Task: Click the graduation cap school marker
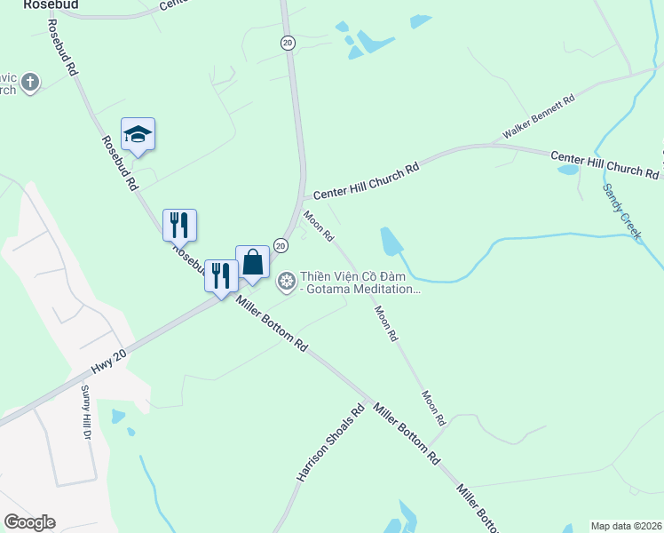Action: click(x=138, y=134)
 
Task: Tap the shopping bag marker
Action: click(x=252, y=262)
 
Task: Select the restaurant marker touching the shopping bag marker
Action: click(x=221, y=274)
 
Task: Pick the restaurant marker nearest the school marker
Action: click(x=179, y=225)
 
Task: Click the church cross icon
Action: click(x=30, y=83)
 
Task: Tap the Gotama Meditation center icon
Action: click(x=287, y=282)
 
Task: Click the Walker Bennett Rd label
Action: click(x=539, y=116)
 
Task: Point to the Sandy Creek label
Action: click(x=621, y=210)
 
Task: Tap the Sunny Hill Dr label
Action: click(x=87, y=413)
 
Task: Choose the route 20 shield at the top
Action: click(x=287, y=42)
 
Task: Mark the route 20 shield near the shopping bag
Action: click(x=281, y=244)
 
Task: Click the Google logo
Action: click(x=29, y=522)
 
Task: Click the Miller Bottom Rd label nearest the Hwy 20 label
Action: click(x=272, y=324)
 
